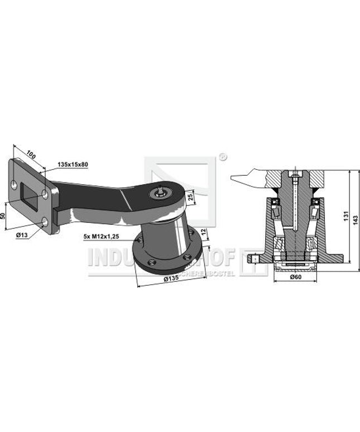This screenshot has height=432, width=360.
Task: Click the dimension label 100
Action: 32,153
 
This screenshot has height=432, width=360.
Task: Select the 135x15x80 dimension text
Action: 73,165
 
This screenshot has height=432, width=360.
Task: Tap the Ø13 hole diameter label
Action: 22,235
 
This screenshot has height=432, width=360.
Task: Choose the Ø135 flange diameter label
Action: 171,279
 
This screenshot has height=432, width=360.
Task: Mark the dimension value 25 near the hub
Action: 191,197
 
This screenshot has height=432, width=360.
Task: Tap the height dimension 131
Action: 346,214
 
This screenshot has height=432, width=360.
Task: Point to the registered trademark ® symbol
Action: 222,157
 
